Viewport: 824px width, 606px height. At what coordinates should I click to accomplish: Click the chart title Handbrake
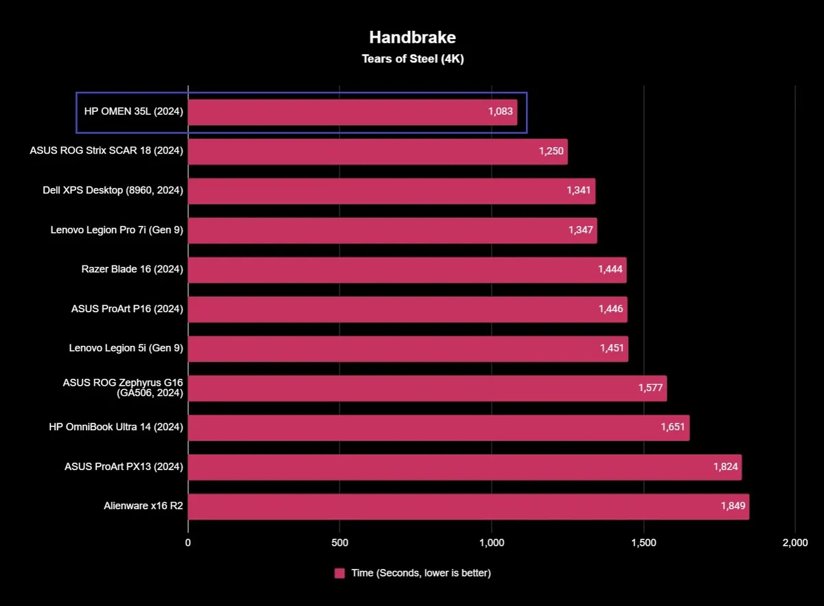412,36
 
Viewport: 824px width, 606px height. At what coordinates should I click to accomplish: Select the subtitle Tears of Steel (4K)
413,59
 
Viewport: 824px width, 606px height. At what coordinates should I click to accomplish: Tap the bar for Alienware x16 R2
468,506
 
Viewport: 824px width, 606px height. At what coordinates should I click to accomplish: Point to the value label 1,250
551,152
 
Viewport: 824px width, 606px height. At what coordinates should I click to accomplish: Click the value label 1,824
725,467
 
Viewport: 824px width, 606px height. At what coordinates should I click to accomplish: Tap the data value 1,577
650,388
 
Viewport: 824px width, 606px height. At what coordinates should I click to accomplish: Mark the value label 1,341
579,191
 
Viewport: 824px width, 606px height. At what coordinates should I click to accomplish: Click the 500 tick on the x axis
339,543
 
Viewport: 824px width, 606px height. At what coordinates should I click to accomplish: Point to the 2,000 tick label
794,543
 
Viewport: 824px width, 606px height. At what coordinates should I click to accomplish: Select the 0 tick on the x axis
188,543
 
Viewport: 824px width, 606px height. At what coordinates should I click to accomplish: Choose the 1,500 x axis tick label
643,543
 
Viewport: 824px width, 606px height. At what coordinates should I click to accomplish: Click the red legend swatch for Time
339,573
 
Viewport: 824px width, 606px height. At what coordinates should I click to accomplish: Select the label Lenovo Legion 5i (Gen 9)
126,349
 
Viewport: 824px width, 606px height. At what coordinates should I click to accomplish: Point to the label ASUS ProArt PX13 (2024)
124,467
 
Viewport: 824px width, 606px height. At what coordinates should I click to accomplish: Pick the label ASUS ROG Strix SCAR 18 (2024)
106,152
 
